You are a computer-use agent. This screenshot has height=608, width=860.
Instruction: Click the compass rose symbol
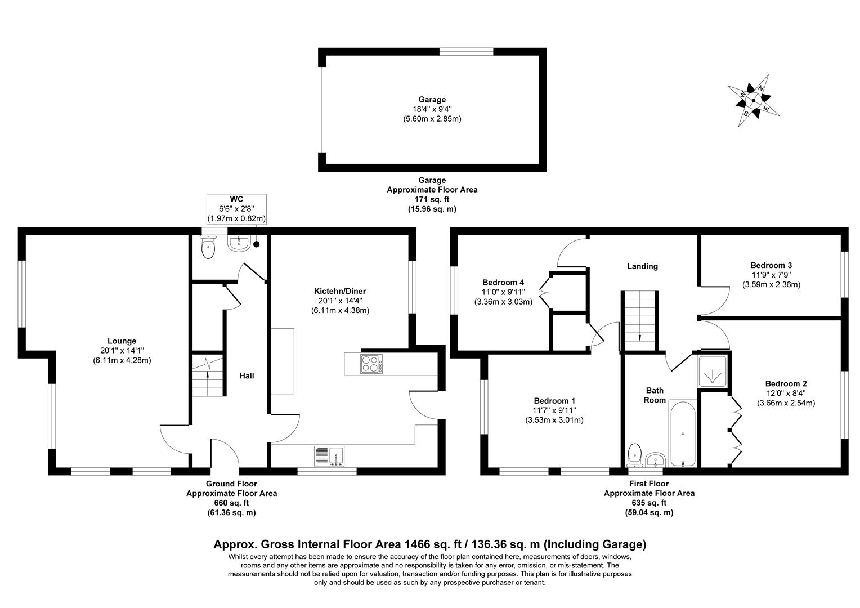[x=753, y=101]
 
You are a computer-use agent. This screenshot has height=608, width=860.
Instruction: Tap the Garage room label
[x=432, y=100]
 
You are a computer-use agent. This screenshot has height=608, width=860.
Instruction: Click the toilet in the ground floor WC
[x=208, y=248]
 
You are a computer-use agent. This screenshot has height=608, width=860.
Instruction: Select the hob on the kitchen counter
[x=371, y=364]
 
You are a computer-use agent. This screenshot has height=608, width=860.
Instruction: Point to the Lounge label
[x=122, y=341]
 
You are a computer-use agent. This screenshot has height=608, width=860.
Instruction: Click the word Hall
[x=247, y=375]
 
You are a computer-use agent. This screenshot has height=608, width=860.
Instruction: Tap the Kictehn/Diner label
[x=340, y=291]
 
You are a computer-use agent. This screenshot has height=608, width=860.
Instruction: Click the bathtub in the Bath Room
[x=683, y=433]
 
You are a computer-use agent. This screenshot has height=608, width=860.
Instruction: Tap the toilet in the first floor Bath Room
[x=634, y=454]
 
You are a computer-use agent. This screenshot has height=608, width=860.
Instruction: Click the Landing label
[x=642, y=266]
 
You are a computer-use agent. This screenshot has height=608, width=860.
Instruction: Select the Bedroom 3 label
[x=771, y=265]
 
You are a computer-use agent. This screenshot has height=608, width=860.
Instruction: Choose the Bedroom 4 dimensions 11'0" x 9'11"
[x=503, y=292]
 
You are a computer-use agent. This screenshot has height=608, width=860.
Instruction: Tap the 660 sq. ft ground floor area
[x=231, y=503]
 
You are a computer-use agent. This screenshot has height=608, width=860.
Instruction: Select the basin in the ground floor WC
[x=239, y=243]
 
